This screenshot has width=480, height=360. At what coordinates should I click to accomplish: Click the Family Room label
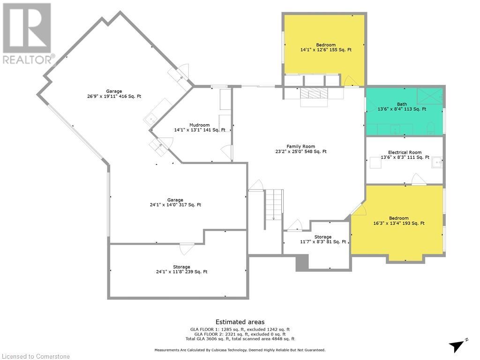point(300,146)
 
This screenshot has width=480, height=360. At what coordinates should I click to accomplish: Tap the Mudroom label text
point(200,125)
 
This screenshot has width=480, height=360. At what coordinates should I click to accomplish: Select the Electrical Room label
point(405,152)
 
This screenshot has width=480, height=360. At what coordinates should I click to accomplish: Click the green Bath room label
point(402,104)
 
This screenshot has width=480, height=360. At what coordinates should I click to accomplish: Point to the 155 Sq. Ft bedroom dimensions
point(326,50)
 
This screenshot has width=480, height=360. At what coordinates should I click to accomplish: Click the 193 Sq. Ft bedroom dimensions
point(399,223)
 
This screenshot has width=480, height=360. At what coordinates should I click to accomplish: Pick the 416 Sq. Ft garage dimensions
point(114,96)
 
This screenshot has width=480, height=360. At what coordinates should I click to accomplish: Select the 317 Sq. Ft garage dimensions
point(175,205)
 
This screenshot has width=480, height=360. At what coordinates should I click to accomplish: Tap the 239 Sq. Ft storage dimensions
point(181,271)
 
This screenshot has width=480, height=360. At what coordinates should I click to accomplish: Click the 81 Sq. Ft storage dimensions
point(323,241)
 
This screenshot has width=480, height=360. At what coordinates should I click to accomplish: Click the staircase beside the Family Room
point(274,204)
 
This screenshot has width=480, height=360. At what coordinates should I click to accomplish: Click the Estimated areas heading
point(240,322)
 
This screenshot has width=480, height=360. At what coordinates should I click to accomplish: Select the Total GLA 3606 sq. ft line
point(240,339)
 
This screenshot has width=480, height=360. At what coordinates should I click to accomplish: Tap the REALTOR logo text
point(29,60)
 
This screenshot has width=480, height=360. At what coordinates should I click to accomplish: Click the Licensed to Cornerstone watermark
point(36,356)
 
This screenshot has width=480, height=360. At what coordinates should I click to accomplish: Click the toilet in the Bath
point(431,128)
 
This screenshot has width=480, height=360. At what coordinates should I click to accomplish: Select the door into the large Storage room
point(187,249)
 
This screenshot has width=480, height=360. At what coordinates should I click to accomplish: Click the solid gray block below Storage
point(302,263)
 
